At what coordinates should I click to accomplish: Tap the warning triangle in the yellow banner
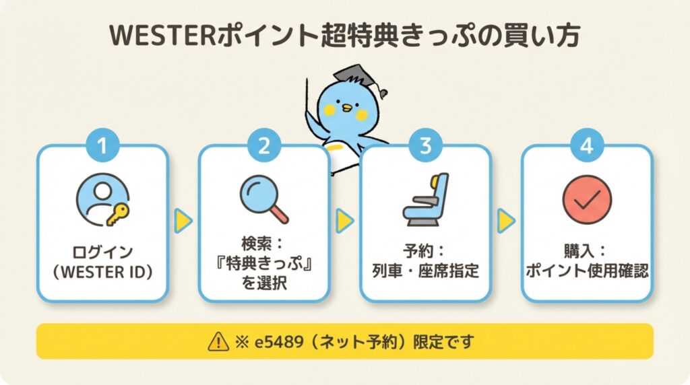pos(217,342)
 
